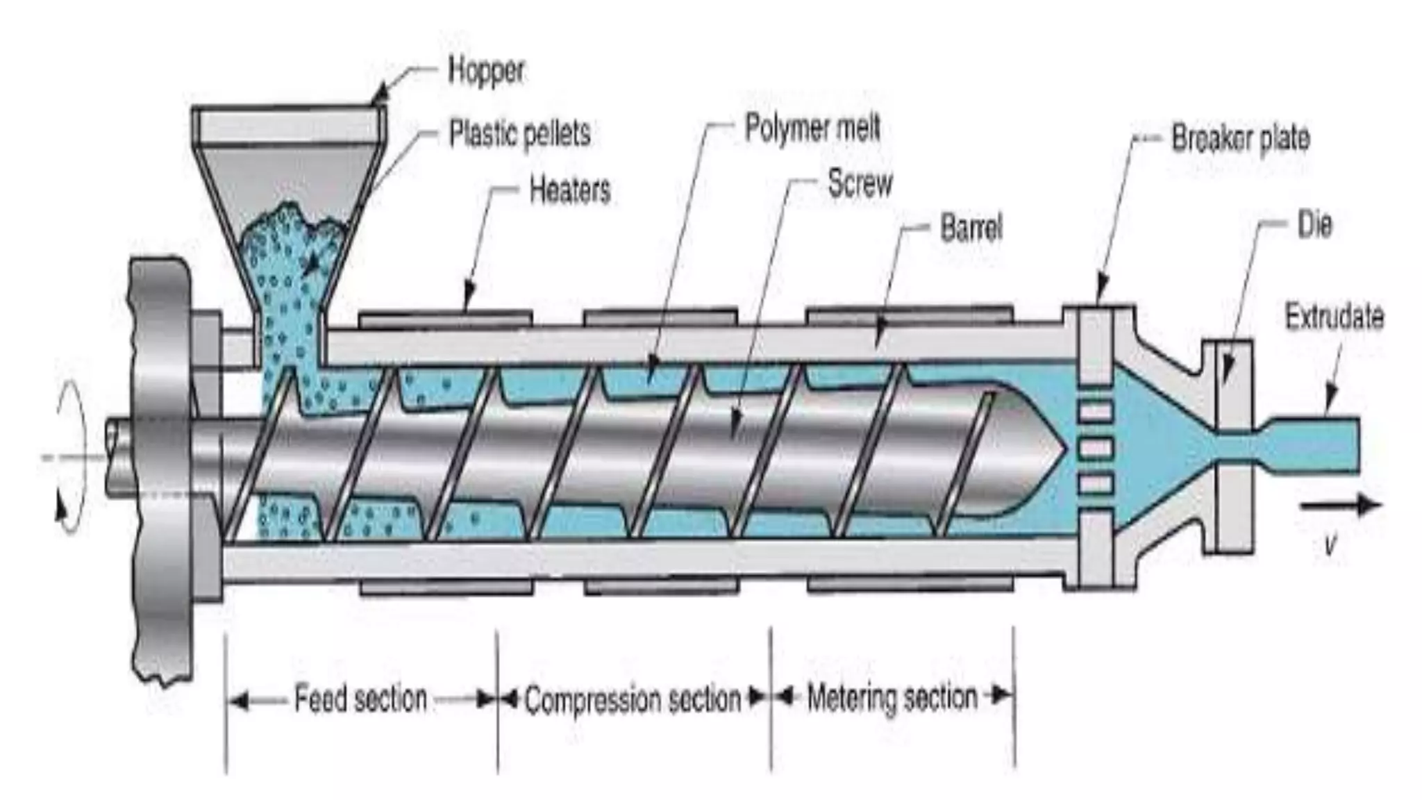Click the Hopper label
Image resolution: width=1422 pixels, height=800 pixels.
(486, 71)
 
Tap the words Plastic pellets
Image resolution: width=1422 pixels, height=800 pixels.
(519, 133)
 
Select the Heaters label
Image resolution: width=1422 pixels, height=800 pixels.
(569, 190)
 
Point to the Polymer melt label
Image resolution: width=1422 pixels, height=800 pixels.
(812, 128)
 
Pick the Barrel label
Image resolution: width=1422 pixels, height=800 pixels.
(971, 228)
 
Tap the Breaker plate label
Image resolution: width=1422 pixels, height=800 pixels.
(1240, 138)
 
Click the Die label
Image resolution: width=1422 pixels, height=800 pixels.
(1314, 225)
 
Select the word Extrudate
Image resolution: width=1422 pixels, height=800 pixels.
(1334, 317)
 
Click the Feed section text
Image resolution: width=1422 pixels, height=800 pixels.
(360, 699)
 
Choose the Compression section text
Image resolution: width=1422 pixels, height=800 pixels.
(633, 699)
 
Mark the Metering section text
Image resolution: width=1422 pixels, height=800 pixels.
(892, 697)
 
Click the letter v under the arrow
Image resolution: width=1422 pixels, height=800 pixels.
(1330, 545)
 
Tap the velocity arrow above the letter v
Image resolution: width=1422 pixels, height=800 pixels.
(1340, 506)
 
